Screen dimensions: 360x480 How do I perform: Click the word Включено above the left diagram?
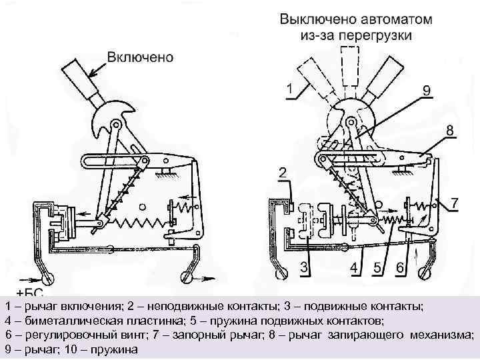coord(141,57)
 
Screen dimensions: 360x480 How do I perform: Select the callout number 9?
coord(426,89)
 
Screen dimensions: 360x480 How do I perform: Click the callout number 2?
coord(283,173)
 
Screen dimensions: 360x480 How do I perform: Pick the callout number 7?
coord(455,201)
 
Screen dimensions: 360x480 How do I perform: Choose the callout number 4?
coord(355,267)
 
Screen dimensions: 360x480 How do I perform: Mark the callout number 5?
coord(377,267)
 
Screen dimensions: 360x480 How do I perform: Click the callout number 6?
coord(399,267)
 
